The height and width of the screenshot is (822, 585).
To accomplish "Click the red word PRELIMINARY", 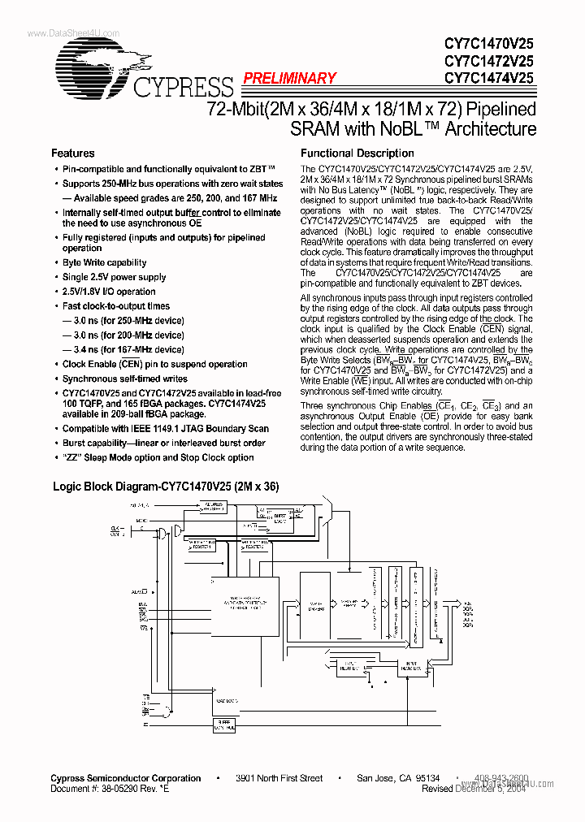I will click(x=289, y=79).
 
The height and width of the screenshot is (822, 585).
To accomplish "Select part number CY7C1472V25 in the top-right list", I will click(x=488, y=61).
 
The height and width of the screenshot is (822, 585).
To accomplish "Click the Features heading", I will click(x=72, y=154).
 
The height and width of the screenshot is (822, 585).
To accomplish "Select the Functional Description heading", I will click(x=357, y=154).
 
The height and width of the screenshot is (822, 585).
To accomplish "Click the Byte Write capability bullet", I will click(x=105, y=263).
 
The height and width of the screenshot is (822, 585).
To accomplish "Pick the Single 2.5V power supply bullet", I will click(x=115, y=277).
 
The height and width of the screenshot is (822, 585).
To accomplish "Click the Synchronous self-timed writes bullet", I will click(x=124, y=379).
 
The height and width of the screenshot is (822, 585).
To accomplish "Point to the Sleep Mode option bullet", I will click(x=158, y=458).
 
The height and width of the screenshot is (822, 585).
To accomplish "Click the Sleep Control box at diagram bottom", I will click(x=223, y=725).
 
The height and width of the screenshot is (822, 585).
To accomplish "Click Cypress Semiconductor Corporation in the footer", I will click(x=126, y=778).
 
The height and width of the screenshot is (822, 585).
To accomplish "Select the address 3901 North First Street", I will click(x=279, y=778).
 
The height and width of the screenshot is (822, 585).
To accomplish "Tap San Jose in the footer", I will click(x=376, y=778).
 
